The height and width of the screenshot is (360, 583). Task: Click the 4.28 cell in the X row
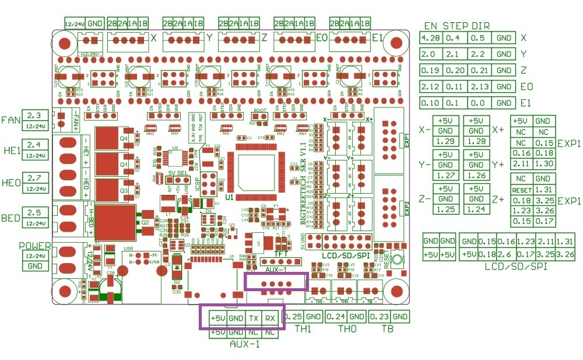click(431, 38)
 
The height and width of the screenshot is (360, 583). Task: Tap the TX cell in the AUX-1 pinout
click(253, 318)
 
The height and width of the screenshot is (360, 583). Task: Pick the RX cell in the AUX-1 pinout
click(270, 318)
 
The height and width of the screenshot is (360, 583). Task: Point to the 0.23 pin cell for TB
click(380, 317)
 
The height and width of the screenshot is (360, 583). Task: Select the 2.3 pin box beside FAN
click(34, 116)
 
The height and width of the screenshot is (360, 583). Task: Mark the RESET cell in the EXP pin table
click(522, 190)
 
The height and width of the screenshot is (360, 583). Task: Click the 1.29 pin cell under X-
click(445, 142)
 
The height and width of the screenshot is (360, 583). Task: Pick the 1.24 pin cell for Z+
click(476, 209)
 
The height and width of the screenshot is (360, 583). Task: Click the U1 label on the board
click(229, 197)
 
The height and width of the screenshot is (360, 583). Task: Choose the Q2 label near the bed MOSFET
click(145, 222)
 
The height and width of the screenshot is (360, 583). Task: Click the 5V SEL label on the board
click(177, 173)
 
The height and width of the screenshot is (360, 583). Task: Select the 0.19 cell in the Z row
click(431, 71)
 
